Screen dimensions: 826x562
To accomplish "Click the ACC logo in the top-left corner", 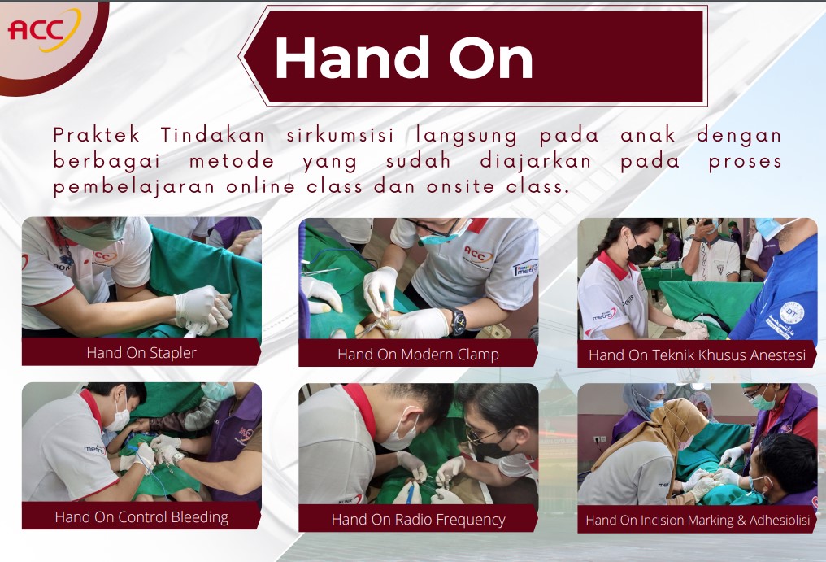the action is tap(44, 30).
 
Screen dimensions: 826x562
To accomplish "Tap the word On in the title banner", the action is tap(491, 58).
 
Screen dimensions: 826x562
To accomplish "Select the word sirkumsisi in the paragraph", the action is tap(341, 136).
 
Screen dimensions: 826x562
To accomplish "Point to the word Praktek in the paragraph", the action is tap(97, 136).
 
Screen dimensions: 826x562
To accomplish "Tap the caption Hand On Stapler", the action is tap(141, 353).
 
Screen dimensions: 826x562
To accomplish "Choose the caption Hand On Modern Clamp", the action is tap(418, 355).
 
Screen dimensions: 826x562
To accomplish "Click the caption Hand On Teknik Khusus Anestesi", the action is tap(697, 355).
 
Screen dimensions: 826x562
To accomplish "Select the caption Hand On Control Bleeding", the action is tap(141, 517).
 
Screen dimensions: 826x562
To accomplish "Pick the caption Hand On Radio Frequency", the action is tap(418, 520).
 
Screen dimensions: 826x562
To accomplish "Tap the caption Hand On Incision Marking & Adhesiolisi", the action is tap(698, 521).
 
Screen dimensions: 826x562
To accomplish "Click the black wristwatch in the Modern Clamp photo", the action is tap(457, 321).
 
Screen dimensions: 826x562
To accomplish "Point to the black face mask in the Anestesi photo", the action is tap(641, 253).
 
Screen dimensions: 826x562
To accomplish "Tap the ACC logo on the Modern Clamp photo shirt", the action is tap(478, 255).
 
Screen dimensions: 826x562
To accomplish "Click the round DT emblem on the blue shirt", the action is tap(791, 313).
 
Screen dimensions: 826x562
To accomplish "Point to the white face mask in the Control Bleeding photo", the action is tap(120, 419).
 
